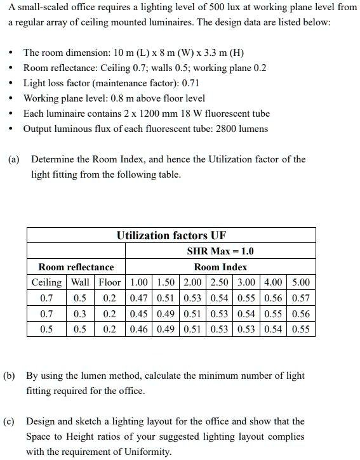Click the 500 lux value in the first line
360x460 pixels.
[240, 7]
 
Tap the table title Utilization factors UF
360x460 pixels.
[171, 235]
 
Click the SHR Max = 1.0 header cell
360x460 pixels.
[220, 251]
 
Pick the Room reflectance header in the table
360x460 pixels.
[76, 267]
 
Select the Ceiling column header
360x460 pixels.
[47, 282]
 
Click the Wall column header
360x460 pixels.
[80, 282]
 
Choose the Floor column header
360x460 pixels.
[109, 282]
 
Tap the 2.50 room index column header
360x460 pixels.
[220, 282]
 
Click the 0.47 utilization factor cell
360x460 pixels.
[139, 298]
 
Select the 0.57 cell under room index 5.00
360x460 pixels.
[301, 298]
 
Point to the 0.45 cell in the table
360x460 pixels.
[139, 314]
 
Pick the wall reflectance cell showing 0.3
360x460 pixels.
[80, 314]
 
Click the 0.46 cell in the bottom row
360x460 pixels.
[139, 329]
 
